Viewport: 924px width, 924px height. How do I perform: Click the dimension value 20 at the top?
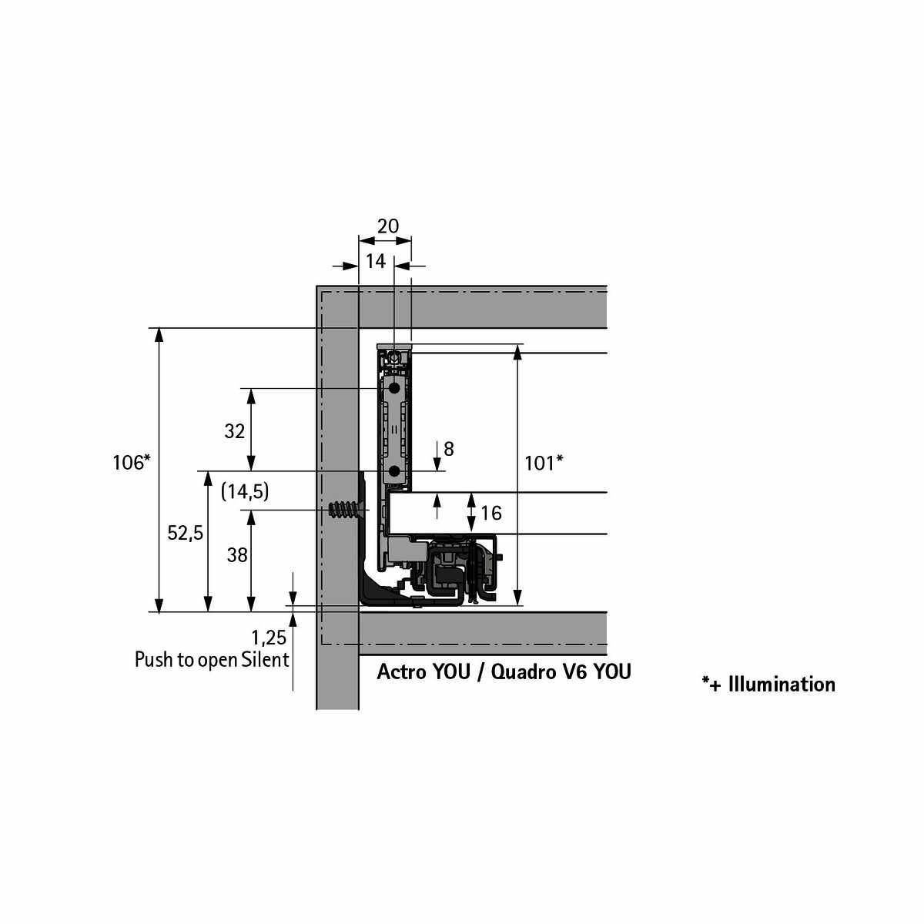tap(387, 226)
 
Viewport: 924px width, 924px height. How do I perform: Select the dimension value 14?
tap(376, 261)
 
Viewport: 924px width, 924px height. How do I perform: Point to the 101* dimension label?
tap(544, 464)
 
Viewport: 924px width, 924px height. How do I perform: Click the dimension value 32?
tap(235, 431)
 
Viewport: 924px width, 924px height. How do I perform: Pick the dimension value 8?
tap(448, 449)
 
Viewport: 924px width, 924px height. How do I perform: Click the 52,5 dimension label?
tap(185, 533)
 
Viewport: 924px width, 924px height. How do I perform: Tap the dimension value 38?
tap(237, 555)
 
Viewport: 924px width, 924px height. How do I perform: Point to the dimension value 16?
tap(491, 513)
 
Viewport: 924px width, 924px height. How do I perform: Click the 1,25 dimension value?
tap(269, 638)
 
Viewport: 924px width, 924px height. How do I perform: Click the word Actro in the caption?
tap(400, 671)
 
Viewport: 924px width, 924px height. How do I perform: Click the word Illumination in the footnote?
tap(782, 685)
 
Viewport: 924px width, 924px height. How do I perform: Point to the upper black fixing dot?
tap(394, 387)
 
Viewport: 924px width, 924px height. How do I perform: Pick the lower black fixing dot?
tap(394, 472)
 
